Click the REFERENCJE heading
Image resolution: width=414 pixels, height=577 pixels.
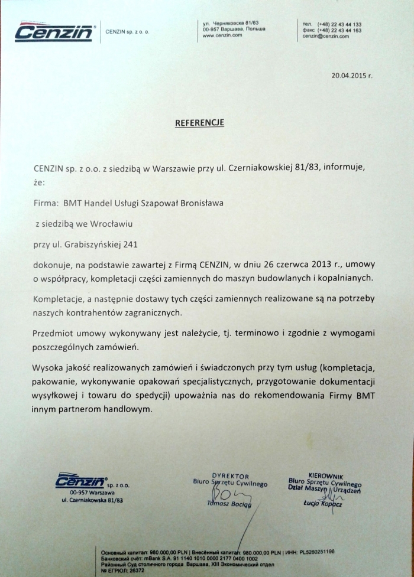point(199,123)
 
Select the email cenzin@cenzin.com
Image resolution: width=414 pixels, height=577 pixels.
point(325,36)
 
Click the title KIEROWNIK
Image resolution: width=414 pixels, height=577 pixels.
point(326,474)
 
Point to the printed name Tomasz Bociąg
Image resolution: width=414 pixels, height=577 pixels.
point(230,504)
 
